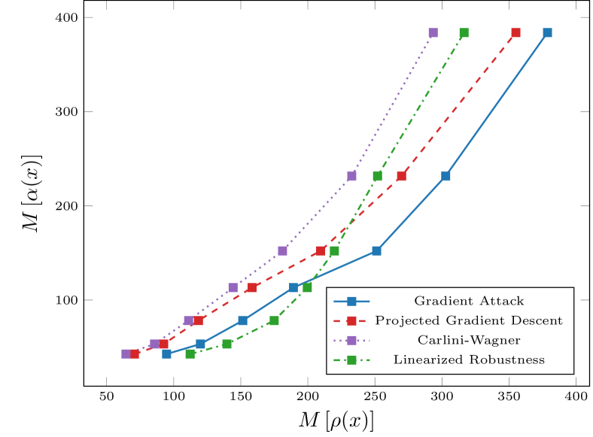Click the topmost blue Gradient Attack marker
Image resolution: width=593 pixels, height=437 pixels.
point(547,33)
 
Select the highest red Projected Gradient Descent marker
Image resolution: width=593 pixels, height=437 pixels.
point(515,33)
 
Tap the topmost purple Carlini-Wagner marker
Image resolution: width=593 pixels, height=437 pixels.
point(433,33)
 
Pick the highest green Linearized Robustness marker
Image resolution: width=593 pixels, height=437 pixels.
point(464,33)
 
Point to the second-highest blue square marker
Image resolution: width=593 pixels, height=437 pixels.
point(446,176)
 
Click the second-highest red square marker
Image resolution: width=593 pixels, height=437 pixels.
point(401,176)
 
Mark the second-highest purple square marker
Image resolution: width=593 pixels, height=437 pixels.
point(351,176)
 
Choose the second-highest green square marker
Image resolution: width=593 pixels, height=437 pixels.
point(377,176)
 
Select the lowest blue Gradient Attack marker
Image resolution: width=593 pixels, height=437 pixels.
point(166,354)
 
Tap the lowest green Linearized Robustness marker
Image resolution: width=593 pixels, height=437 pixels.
point(190,354)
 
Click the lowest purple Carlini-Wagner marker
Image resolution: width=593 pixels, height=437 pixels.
point(126,354)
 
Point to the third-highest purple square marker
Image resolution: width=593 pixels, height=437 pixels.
point(282,250)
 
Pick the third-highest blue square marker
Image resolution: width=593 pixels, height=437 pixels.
point(376,250)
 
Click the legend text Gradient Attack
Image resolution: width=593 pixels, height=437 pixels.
point(468,302)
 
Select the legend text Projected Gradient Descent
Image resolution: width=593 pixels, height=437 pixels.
point(468,321)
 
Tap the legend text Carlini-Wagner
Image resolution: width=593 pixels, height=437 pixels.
point(468,341)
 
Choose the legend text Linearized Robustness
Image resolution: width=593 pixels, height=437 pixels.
point(468,360)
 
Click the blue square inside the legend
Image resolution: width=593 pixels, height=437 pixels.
point(351,302)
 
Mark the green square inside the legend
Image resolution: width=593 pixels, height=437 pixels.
point(351,360)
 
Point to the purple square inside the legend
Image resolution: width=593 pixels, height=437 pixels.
point(351,341)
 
